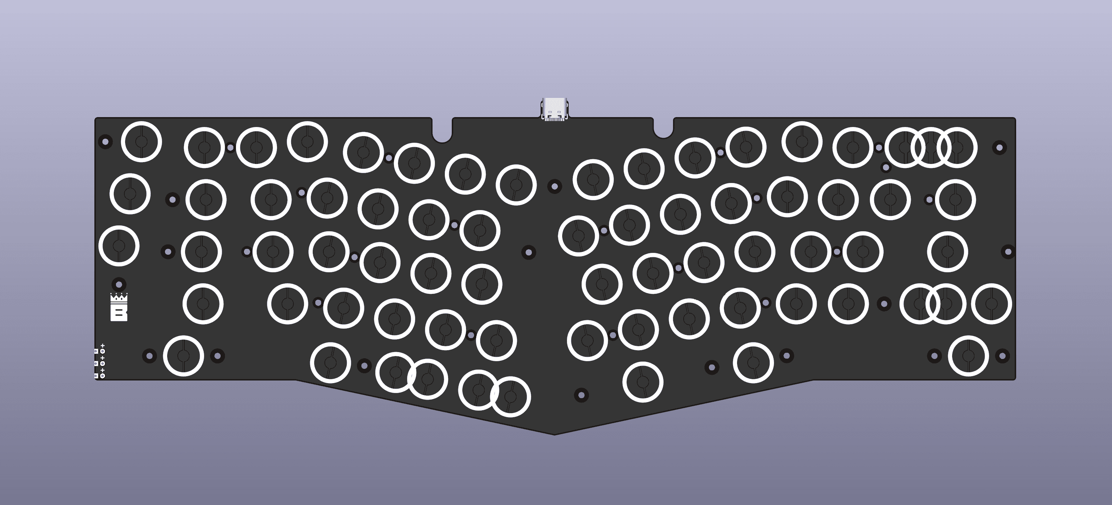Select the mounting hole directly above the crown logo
[x=119, y=284]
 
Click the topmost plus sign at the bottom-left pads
[x=103, y=345]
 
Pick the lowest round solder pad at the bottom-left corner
[x=103, y=376]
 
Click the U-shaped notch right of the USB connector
[x=663, y=131]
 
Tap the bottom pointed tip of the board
[x=555, y=433]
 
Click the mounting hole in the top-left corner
[x=105, y=142]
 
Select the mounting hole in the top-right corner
[x=999, y=147]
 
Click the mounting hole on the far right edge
[x=1008, y=251]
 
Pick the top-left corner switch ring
[x=141, y=142]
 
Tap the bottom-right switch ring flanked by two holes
[x=968, y=356]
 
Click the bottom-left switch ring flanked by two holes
[x=184, y=356]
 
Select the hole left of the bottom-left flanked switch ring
[x=149, y=356]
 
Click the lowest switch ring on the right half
[x=642, y=382]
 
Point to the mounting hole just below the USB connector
[x=555, y=187]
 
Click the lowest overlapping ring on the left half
[x=510, y=397]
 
